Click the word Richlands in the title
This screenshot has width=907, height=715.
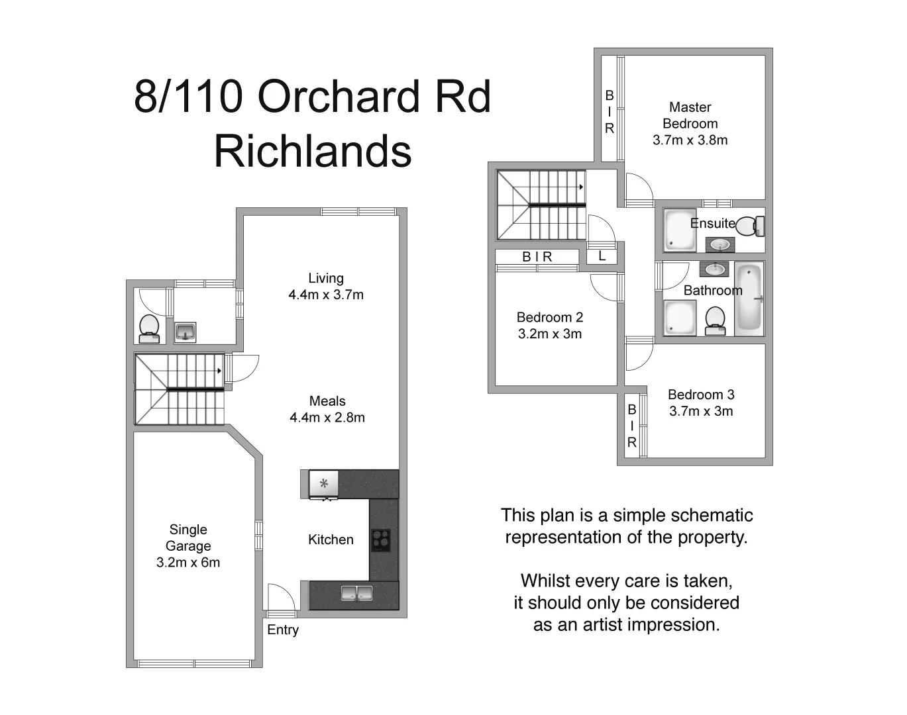pyautogui.click(x=312, y=152)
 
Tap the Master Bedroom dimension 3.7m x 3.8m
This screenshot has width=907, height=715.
pyautogui.click(x=690, y=140)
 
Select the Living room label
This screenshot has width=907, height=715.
pyautogui.click(x=325, y=279)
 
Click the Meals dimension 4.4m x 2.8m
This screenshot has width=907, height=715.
pyautogui.click(x=327, y=418)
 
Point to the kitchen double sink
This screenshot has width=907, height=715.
pyautogui.click(x=356, y=593)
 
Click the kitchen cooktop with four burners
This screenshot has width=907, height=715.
pyautogui.click(x=380, y=540)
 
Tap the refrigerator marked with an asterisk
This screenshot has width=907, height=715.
pyautogui.click(x=324, y=484)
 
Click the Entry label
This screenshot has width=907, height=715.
pyautogui.click(x=283, y=630)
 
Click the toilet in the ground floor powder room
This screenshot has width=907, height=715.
pyautogui.click(x=148, y=328)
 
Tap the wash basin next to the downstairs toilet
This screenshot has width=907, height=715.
pyautogui.click(x=185, y=331)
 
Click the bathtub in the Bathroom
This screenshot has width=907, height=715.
pyautogui.click(x=749, y=299)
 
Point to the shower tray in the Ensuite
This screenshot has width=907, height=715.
pyautogui.click(x=680, y=230)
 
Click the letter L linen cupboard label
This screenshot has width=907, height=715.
pyautogui.click(x=602, y=256)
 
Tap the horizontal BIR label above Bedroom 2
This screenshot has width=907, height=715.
pyautogui.click(x=537, y=257)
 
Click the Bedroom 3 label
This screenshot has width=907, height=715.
pyautogui.click(x=701, y=395)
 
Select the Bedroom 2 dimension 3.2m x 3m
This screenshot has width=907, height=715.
pyautogui.click(x=549, y=334)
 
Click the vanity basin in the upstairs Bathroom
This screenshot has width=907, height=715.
pyautogui.click(x=714, y=269)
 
